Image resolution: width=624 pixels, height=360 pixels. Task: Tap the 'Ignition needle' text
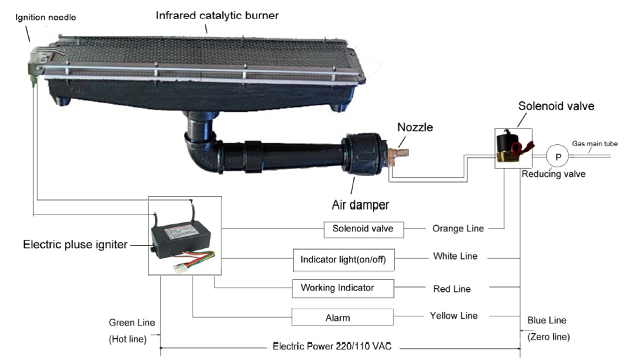(46, 15)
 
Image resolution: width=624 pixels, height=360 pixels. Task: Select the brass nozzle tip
(402, 151)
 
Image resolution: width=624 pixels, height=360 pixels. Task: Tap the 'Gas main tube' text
(594, 143)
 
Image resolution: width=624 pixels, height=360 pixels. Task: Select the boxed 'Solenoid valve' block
(364, 229)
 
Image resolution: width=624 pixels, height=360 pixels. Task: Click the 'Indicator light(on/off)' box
(343, 259)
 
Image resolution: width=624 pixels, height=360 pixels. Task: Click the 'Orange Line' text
(456, 229)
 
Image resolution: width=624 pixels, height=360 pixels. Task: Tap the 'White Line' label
(455, 257)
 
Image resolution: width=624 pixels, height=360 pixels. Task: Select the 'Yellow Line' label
(453, 316)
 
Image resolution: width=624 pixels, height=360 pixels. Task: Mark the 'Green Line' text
(131, 323)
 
